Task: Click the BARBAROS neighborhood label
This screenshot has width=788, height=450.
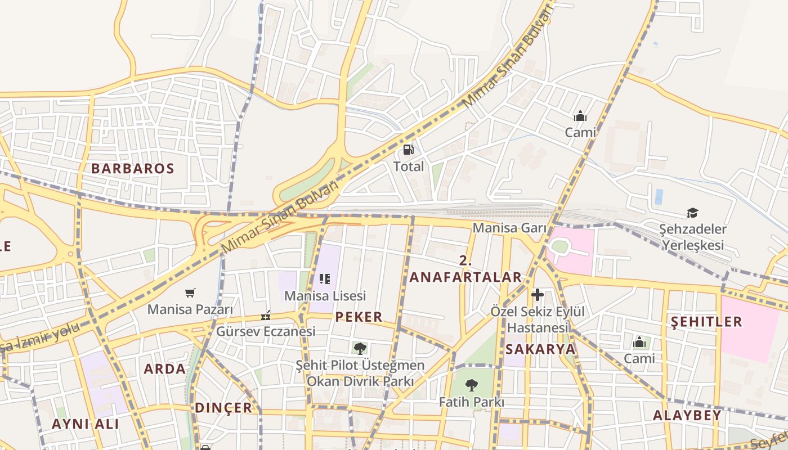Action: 133,168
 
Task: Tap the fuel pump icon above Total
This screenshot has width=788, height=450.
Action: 408,150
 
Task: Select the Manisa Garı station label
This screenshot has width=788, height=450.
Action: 509,228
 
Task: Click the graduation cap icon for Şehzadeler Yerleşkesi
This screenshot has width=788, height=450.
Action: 692,213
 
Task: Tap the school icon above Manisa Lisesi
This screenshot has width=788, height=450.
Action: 324,279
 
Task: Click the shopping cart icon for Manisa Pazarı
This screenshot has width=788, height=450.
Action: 190,292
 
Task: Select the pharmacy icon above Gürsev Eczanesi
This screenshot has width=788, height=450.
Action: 266,316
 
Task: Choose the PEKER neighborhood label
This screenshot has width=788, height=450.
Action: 359,317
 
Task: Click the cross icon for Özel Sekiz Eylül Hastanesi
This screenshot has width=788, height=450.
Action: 538,295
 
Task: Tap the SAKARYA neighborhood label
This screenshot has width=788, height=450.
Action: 540,349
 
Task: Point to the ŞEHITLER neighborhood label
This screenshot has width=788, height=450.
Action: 706,322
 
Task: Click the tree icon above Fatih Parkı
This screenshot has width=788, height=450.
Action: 472,385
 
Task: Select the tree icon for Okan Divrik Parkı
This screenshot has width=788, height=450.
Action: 360,348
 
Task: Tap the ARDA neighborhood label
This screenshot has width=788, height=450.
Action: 164,369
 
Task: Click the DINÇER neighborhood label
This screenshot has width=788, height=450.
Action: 223,408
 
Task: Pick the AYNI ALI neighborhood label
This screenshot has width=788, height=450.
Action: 85,424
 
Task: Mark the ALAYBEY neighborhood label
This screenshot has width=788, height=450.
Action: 687,416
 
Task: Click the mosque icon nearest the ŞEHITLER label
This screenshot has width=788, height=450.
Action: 639,342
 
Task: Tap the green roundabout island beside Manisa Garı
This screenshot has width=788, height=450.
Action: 559,246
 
